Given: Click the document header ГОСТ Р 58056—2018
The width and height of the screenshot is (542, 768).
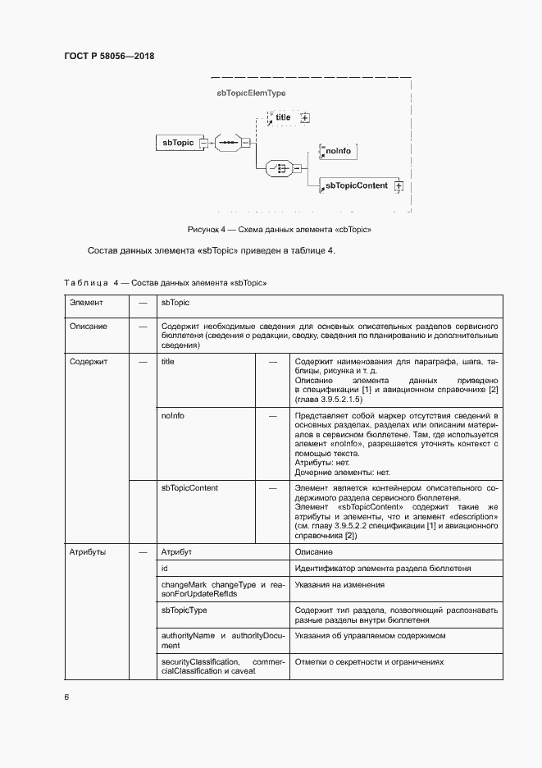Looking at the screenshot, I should click(109, 57).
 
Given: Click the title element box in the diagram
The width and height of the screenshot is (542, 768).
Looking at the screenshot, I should click(284, 118).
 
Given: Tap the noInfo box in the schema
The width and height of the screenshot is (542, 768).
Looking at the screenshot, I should click(337, 152).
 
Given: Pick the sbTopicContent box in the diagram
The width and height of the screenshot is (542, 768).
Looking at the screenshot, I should click(356, 186).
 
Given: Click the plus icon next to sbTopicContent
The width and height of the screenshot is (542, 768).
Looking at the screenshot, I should click(399, 186).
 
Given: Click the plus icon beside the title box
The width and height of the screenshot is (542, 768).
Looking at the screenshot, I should click(305, 118).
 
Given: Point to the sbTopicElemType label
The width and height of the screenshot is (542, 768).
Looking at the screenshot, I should click(251, 94).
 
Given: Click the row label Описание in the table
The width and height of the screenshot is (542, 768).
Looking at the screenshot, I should click(88, 326).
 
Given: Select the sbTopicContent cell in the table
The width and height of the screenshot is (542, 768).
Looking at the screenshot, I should click(189, 488).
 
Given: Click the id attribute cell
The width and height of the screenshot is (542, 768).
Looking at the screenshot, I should click(165, 569).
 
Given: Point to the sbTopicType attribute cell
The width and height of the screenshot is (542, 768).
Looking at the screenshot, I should click(184, 611).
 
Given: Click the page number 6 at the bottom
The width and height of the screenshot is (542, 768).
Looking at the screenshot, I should click(66, 697).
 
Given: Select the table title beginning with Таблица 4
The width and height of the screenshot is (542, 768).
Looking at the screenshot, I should click(166, 282).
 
